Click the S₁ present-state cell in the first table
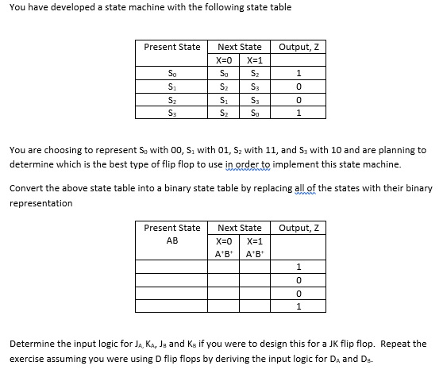click(x=171, y=85)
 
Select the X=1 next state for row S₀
click(x=254, y=73)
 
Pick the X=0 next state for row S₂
click(x=224, y=98)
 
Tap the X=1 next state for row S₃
click(x=254, y=112)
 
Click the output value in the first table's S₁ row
click(x=299, y=86)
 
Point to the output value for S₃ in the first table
click(x=299, y=112)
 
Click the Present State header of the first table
click(x=171, y=47)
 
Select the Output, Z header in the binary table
click(x=299, y=228)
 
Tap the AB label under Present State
click(x=171, y=241)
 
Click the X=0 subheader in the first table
click(x=225, y=60)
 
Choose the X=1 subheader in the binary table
click(x=255, y=241)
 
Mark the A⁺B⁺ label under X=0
click(x=224, y=253)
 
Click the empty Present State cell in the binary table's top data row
click(x=171, y=267)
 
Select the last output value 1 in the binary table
click(x=299, y=306)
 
